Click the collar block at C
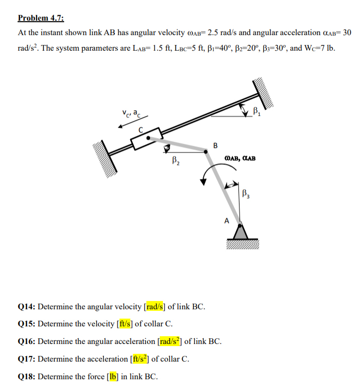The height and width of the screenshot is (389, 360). (x=143, y=140)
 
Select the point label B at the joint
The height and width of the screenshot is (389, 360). (x=215, y=145)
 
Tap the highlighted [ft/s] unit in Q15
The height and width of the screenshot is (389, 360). (x=126, y=324)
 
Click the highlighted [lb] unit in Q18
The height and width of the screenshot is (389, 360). (x=113, y=376)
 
